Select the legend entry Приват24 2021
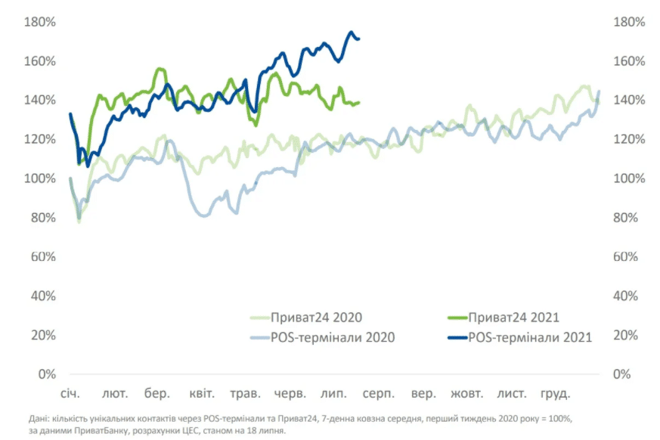(x=514, y=318)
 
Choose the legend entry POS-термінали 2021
(x=530, y=337)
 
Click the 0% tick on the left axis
(x=47, y=374)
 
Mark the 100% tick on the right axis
(x=628, y=178)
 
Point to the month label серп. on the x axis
(x=375, y=395)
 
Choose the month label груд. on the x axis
(x=554, y=395)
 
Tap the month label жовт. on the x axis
(x=466, y=395)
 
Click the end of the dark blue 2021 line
(x=358, y=39)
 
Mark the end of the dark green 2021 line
(x=358, y=102)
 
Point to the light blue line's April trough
(x=203, y=216)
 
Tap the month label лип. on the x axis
(x=333, y=395)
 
